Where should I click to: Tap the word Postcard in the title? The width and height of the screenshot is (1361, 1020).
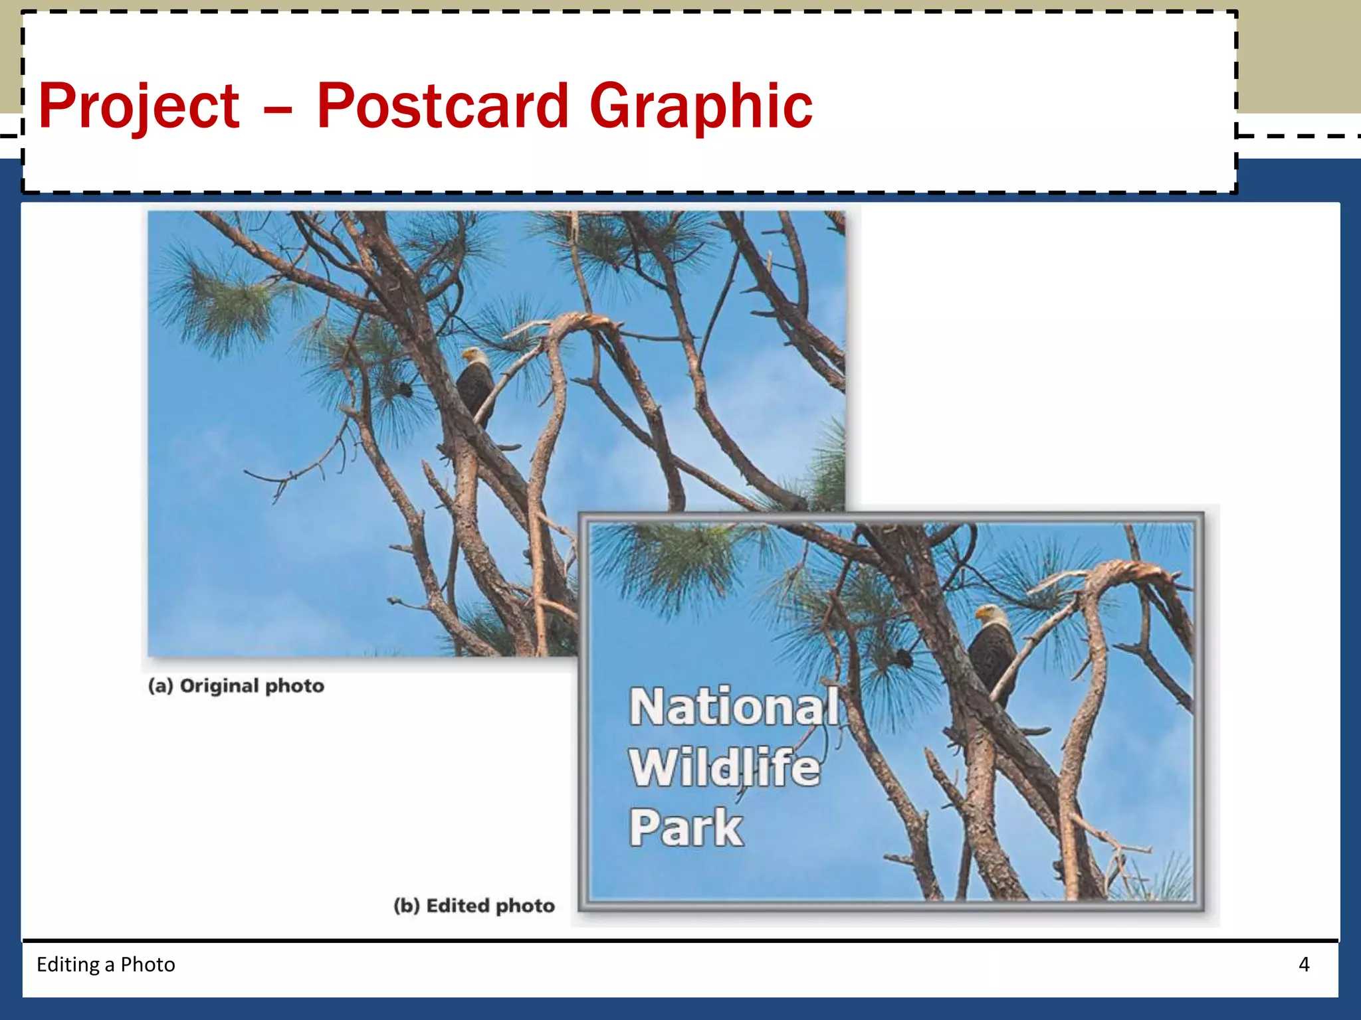[x=443, y=106]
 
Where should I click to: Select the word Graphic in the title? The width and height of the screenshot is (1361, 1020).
[x=700, y=106]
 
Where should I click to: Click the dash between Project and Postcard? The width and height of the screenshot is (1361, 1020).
[x=278, y=109]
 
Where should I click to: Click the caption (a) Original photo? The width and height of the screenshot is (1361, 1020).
[x=236, y=685]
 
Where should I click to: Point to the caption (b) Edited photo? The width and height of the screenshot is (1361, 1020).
[x=474, y=905]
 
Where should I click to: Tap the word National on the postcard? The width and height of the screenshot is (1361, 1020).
[x=734, y=707]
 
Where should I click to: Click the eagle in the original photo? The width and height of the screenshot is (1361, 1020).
[x=475, y=388]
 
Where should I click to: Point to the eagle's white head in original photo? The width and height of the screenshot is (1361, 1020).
[x=473, y=357]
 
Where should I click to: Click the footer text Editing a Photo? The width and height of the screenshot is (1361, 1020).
[x=106, y=964]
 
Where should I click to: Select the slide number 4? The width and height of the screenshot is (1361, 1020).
[x=1304, y=964]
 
